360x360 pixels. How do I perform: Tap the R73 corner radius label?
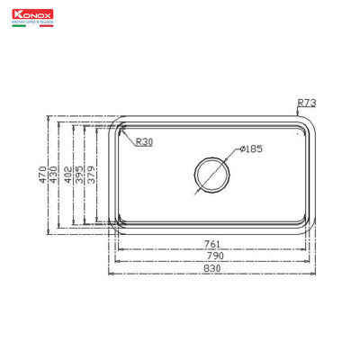click(x=306, y=103)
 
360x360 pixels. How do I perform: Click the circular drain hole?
click(x=211, y=172)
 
